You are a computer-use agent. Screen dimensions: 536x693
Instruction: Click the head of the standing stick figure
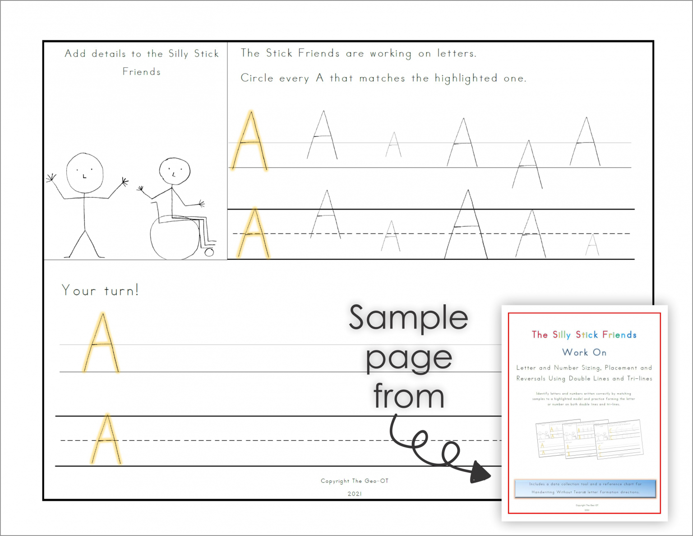tap(85, 173)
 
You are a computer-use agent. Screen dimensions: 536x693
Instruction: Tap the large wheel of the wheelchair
tap(174, 238)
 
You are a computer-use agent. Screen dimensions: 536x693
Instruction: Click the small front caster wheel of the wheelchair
tap(209, 252)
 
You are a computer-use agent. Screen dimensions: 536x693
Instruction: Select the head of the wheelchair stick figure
tap(175, 171)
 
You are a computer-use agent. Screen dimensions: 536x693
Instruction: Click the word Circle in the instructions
tap(257, 78)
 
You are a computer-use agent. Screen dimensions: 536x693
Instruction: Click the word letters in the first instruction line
tap(456, 54)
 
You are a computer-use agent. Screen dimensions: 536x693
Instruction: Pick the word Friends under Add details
tap(141, 72)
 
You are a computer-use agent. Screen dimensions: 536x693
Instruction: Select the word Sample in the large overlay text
tap(408, 317)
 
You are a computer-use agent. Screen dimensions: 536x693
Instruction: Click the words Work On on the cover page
tap(584, 352)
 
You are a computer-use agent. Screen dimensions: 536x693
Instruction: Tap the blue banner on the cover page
tap(585, 488)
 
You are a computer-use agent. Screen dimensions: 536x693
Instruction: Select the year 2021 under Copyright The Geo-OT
tap(355, 494)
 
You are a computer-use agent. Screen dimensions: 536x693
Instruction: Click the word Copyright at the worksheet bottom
tap(335, 481)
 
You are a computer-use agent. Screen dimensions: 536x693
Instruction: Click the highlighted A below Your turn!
tap(102, 343)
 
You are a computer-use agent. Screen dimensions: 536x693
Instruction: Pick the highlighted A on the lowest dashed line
tap(106, 439)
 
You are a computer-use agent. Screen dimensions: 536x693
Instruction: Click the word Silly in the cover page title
tap(561, 335)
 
